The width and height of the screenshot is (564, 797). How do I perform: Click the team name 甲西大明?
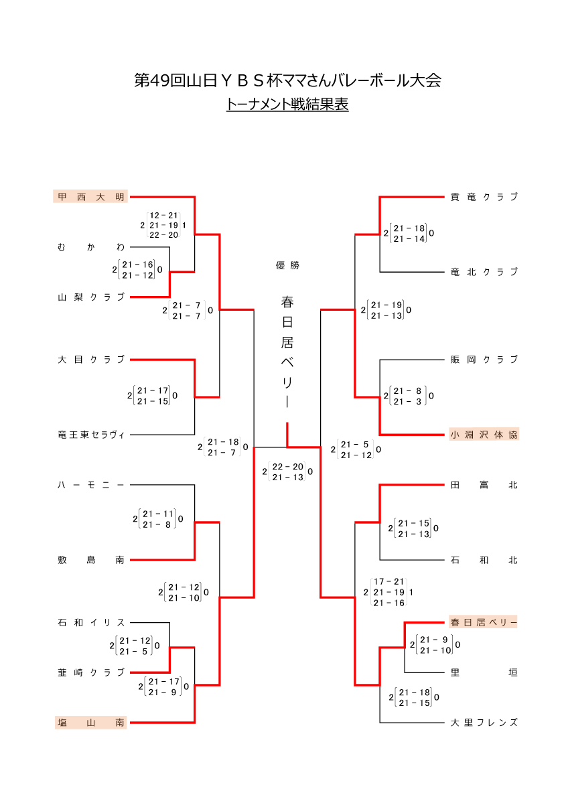pos(90,197)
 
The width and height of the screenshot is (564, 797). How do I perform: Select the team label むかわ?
pos(90,247)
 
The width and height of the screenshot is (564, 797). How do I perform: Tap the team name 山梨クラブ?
pos(90,297)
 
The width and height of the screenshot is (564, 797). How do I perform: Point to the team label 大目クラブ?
pos(90,360)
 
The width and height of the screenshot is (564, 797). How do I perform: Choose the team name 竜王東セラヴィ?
pos(90,435)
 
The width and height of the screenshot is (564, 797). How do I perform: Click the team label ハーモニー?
pos(90,485)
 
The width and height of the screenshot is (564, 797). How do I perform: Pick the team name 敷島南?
pos(90,560)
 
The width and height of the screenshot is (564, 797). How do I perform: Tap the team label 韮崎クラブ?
pos(90,672)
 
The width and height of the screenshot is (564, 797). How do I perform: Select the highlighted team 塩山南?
pos(90,723)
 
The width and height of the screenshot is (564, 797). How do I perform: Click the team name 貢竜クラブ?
pos(484,197)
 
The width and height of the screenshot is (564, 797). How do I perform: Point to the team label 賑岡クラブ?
pos(484,360)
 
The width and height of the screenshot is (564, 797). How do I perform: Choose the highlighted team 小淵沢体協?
pos(484,435)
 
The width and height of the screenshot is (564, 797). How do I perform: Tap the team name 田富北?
pos(484,485)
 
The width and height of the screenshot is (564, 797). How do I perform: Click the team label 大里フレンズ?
pos(484,723)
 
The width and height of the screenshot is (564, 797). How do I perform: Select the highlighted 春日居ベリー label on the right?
pos(484,622)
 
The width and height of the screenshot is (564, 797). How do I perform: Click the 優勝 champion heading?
pos(287,265)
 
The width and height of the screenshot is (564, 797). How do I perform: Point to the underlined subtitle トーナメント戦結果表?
pos(287,104)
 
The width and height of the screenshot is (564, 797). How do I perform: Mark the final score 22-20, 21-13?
pos(287,472)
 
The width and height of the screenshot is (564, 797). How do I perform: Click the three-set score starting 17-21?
pos(389,592)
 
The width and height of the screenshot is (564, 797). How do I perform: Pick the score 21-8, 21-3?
pos(408,396)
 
